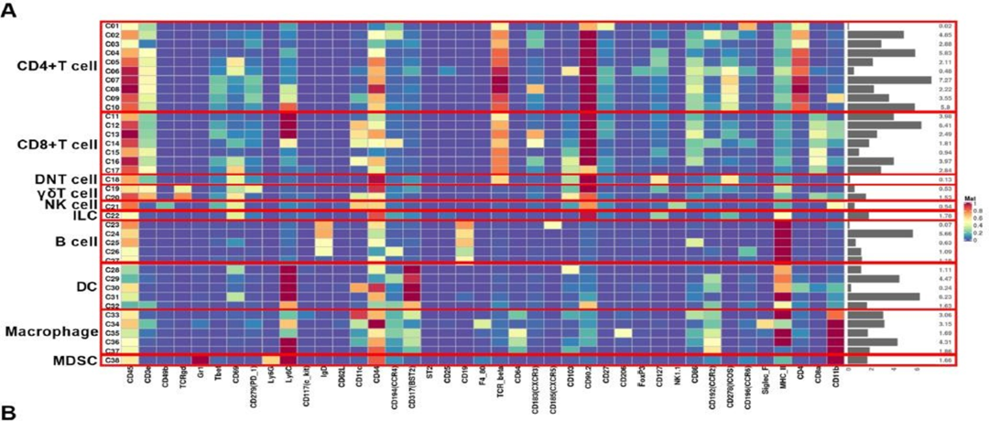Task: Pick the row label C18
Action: click(x=112, y=179)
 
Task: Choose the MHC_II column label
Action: click(x=781, y=378)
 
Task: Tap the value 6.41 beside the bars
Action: click(x=947, y=125)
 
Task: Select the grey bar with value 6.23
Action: click(x=884, y=296)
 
